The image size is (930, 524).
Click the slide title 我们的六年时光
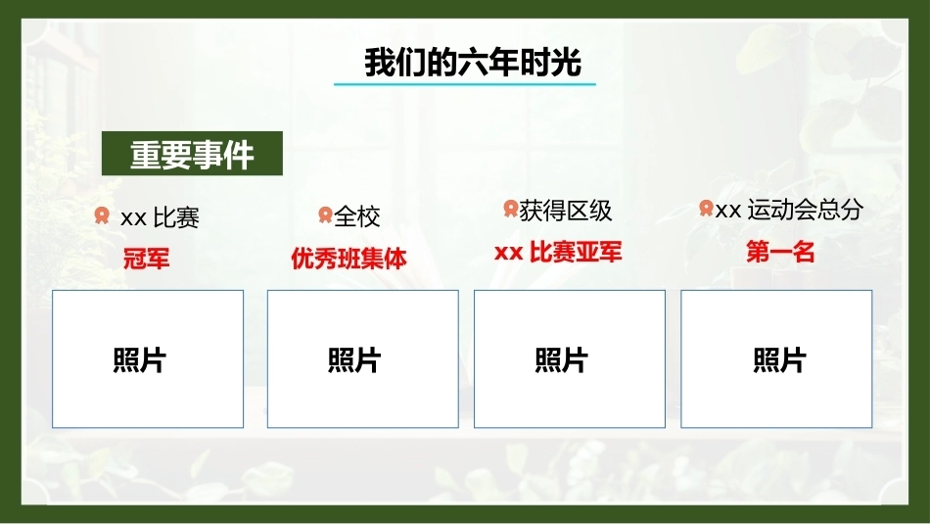[x=473, y=62]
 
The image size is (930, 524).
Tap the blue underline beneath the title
[x=464, y=84]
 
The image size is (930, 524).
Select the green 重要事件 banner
[x=192, y=153]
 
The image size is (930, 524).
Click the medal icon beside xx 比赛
[x=102, y=215]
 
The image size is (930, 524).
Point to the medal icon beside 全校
[x=325, y=214]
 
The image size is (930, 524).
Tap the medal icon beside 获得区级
[x=511, y=209]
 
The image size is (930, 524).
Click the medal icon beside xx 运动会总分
[x=706, y=209]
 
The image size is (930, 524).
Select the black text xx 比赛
[x=161, y=217]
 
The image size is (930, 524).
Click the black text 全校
[x=357, y=216]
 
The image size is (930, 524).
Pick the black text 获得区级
[x=565, y=211]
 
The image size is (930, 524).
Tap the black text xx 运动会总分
[x=789, y=210]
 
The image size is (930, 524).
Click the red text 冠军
[x=147, y=259]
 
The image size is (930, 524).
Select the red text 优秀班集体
[x=349, y=259]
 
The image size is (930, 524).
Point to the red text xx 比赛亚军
[x=558, y=253]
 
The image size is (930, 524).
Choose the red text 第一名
[x=780, y=253]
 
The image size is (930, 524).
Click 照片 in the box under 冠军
[x=140, y=360]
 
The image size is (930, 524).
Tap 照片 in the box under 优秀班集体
[x=354, y=360]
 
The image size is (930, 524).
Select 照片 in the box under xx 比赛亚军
[x=562, y=360]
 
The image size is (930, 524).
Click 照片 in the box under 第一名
[x=780, y=360]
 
